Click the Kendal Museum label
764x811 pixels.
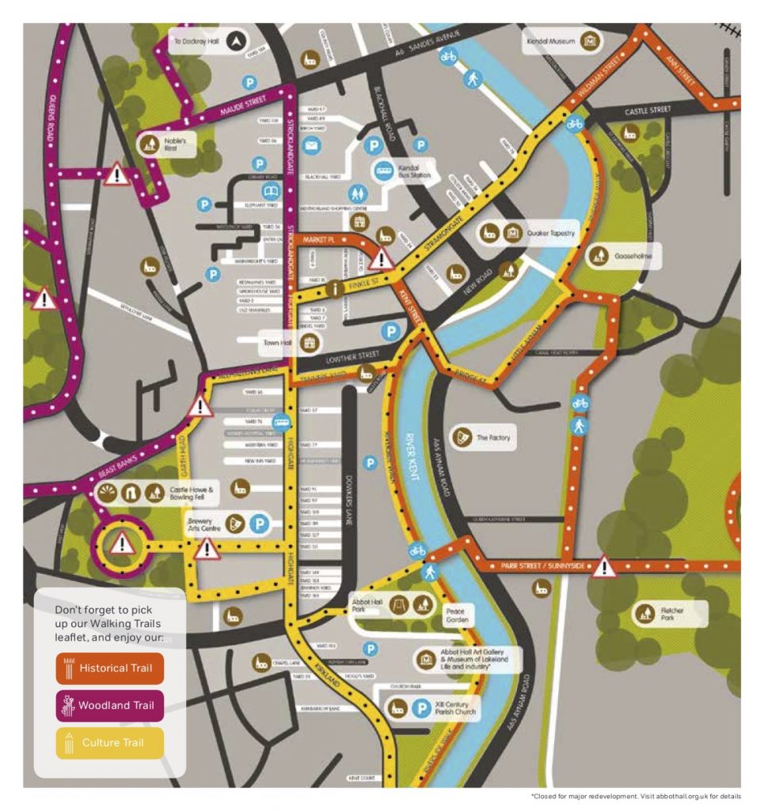[x=551, y=40]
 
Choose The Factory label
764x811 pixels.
[x=493, y=437]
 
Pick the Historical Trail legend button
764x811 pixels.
[x=109, y=668]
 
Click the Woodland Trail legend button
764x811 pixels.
[x=109, y=705]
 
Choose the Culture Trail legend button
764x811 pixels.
[x=109, y=743]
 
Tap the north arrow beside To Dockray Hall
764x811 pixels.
[x=235, y=41]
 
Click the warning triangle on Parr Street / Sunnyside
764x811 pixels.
[x=605, y=566]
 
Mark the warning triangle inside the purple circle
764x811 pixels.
[x=121, y=544]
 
